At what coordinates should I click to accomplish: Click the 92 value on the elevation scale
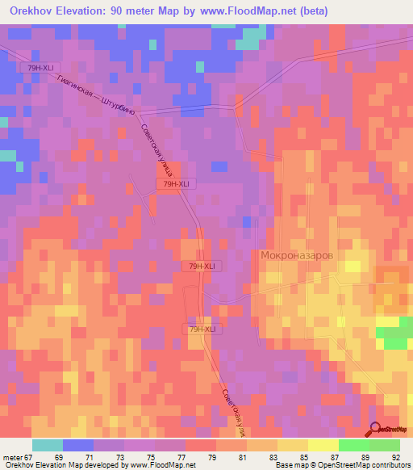point(396,457)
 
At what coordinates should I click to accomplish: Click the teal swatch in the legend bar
point(47,445)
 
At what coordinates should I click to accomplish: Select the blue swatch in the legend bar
point(77,445)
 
